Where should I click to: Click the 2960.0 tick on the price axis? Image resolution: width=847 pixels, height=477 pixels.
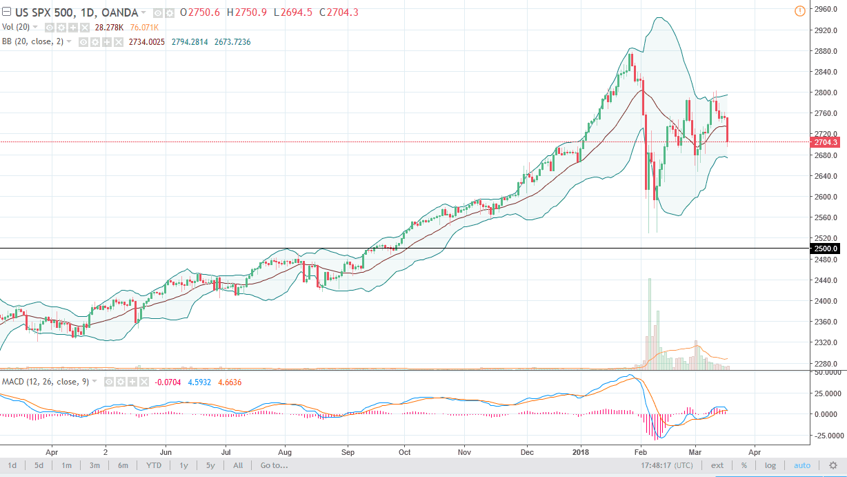(x=826, y=10)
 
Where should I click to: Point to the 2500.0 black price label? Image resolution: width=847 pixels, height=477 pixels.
(x=826, y=249)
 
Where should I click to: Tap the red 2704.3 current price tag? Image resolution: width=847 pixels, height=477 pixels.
(x=826, y=142)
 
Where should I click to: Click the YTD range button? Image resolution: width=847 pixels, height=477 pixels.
(x=154, y=465)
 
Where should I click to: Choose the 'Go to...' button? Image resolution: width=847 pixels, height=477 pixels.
(x=274, y=465)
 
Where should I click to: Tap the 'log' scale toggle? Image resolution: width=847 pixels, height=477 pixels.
(x=770, y=465)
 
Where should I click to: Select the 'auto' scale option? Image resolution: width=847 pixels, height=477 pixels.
(x=802, y=465)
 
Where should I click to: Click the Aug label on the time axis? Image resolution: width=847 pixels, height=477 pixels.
(x=286, y=452)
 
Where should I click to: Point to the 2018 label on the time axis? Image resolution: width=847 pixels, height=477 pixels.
(x=581, y=452)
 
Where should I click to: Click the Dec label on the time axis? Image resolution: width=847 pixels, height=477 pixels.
(x=527, y=452)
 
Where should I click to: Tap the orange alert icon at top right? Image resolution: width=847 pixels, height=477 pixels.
(x=799, y=10)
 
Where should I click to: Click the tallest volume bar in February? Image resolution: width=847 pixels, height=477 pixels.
(x=649, y=324)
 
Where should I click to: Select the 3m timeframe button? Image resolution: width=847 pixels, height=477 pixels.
(x=94, y=465)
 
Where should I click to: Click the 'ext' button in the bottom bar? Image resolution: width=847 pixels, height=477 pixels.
(x=717, y=465)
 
